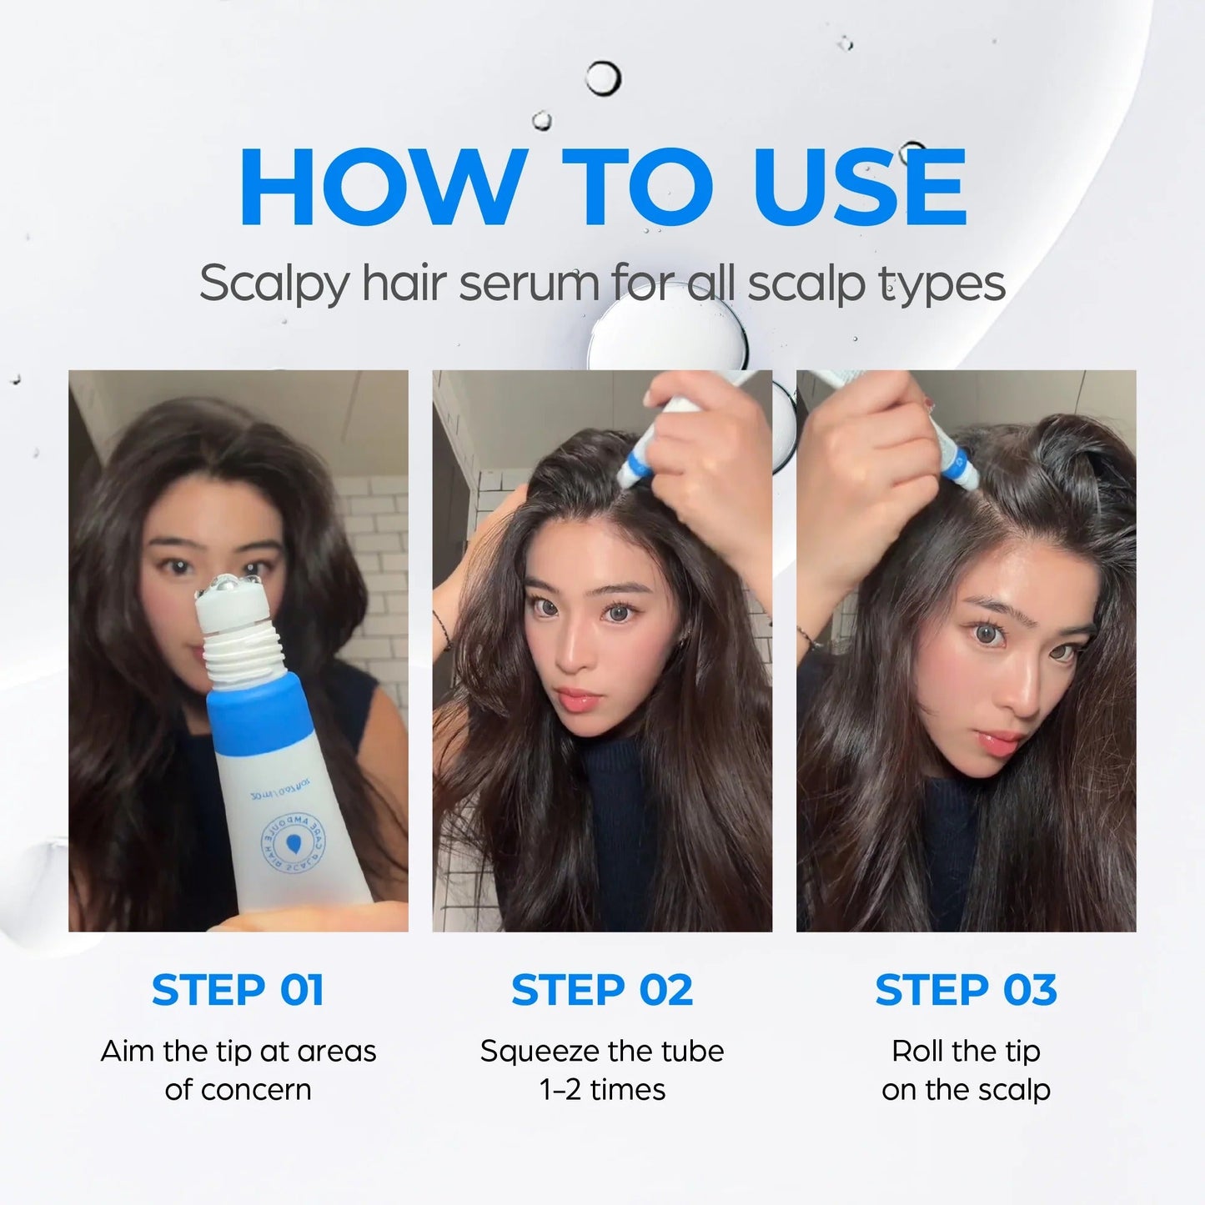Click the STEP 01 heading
[238, 990]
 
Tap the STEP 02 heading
[602, 990]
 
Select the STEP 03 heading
[966, 990]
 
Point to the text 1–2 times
[602, 1090]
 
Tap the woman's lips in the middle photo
[576, 699]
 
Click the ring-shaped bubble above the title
[602, 79]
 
